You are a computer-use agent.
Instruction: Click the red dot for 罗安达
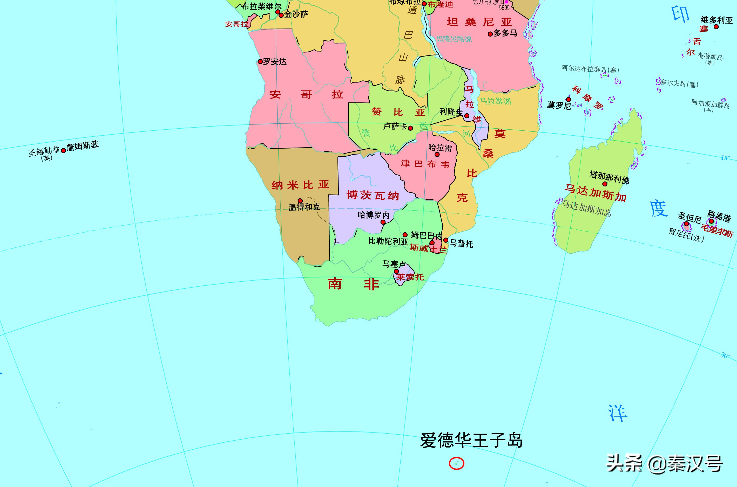click(260, 61)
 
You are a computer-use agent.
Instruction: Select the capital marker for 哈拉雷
click(437, 154)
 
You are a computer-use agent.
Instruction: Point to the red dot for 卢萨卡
click(410, 128)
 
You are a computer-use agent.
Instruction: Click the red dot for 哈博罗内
click(383, 222)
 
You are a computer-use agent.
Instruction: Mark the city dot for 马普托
click(446, 240)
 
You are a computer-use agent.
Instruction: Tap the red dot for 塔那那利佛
click(605, 184)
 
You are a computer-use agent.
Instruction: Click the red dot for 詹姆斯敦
click(63, 151)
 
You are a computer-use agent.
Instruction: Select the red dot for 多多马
click(490, 34)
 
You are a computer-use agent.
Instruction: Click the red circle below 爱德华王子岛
click(456, 463)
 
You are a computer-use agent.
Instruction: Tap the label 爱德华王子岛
click(471, 440)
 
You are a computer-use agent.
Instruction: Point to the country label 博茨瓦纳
click(373, 195)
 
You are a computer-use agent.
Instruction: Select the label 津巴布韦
click(425, 164)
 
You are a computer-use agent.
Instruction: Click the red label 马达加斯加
click(595, 193)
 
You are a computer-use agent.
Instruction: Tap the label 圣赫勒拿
click(44, 151)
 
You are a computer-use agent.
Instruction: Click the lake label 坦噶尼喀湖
click(454, 39)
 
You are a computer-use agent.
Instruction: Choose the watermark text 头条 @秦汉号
click(665, 463)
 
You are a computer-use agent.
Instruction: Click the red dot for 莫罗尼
click(569, 99)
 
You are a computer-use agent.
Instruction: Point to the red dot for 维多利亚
click(716, 27)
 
